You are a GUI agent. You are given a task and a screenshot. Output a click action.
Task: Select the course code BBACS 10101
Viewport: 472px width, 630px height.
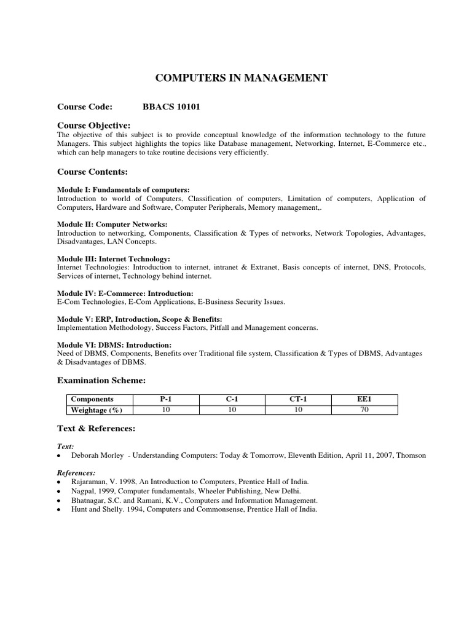click(x=171, y=107)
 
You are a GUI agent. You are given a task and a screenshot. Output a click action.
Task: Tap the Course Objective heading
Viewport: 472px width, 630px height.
click(x=93, y=126)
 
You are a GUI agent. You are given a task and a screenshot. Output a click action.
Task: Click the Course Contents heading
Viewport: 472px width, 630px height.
click(x=92, y=172)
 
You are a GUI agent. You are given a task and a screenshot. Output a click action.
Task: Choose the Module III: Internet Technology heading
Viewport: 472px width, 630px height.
click(x=114, y=259)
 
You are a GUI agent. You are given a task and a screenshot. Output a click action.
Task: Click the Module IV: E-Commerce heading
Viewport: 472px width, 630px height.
click(x=125, y=293)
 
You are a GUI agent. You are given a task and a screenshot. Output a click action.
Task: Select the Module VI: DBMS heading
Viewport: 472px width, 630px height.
click(x=114, y=345)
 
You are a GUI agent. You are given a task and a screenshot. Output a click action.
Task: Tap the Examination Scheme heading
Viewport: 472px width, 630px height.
click(x=101, y=381)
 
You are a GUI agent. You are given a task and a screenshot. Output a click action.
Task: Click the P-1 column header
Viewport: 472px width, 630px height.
click(x=166, y=399)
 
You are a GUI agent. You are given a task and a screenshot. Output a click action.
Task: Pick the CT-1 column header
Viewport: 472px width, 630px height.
click(x=298, y=399)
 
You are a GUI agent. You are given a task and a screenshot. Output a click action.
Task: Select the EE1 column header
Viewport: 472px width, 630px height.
click(x=364, y=399)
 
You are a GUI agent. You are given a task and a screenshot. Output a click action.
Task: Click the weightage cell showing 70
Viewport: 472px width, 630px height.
click(x=364, y=410)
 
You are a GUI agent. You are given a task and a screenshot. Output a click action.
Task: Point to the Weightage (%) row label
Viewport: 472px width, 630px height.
click(x=96, y=410)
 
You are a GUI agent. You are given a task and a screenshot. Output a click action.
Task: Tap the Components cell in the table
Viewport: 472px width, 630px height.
click(x=92, y=399)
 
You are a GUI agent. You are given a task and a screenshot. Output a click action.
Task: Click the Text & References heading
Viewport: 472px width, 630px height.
click(x=96, y=428)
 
